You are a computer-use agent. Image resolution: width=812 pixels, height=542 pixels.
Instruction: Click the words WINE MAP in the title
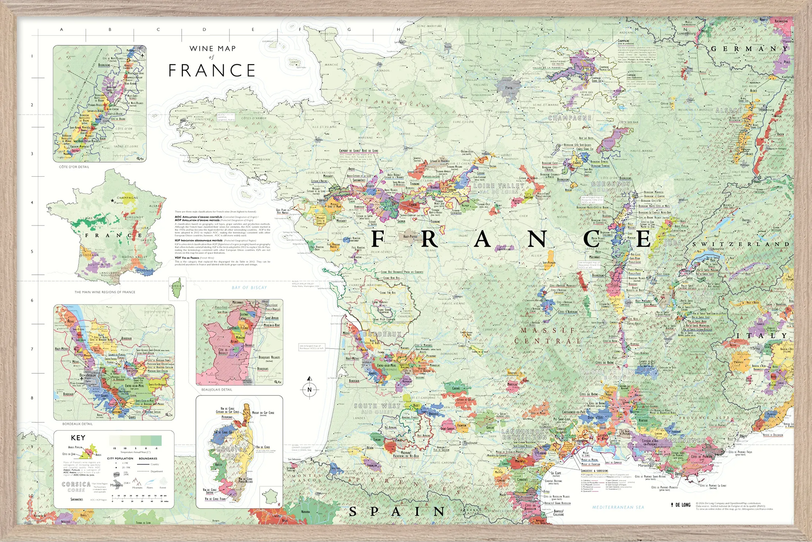pos(212,49)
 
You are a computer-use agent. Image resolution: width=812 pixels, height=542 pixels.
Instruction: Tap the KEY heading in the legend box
pos(78,438)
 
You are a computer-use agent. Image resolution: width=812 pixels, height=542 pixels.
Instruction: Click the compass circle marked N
pos(309,390)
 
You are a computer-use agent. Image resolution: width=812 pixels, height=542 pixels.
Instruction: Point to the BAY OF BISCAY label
pos(249,288)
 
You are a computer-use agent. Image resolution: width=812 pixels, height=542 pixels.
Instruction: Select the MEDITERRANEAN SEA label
pos(618,507)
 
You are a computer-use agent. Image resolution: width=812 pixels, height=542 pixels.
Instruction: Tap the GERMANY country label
pos(749,49)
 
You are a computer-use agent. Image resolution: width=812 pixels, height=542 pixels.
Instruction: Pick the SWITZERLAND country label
pos(741,244)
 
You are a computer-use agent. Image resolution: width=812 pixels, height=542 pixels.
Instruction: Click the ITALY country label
pos(762,336)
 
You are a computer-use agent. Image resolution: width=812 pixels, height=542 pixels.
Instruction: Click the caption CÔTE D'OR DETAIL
pos(74,167)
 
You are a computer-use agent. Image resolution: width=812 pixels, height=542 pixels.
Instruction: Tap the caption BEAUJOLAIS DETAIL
pos(217,390)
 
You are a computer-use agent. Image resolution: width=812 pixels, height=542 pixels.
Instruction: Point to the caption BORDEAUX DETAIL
pos(78,424)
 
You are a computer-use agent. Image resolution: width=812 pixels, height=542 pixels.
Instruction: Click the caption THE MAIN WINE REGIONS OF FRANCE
pos(105,292)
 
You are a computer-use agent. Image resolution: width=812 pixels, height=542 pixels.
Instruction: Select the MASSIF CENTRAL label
pos(548,336)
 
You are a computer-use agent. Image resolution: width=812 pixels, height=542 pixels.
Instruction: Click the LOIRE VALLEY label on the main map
pos(499,186)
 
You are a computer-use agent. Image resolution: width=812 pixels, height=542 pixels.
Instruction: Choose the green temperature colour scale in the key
pos(135,440)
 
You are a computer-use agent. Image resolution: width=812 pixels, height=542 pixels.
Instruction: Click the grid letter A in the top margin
pos(62,29)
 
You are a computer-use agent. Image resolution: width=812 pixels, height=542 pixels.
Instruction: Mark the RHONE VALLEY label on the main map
pos(607,372)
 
